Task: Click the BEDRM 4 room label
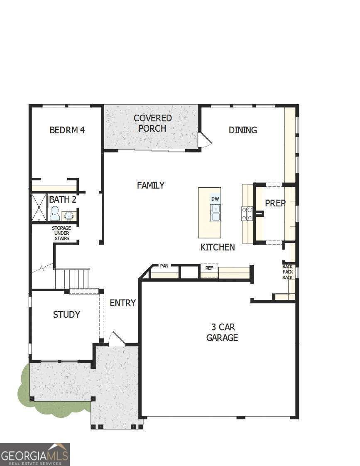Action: [67, 130]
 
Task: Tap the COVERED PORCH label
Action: [152, 123]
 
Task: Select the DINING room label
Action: [243, 130]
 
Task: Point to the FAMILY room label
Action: [151, 185]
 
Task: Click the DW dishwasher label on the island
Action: [215, 199]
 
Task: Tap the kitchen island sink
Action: [215, 213]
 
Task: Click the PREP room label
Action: [275, 204]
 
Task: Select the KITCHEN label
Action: [218, 248]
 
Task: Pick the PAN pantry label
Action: [164, 266]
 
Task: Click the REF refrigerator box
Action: [209, 270]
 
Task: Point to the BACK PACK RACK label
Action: [288, 272]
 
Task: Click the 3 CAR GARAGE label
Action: [222, 332]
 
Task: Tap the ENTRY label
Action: [122, 303]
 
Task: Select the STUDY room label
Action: [66, 314]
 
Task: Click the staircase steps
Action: [72, 279]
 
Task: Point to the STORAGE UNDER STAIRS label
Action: [61, 233]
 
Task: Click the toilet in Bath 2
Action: [54, 213]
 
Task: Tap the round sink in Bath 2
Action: [68, 216]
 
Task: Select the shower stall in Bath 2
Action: [39, 207]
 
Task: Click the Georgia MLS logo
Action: [35, 454]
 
